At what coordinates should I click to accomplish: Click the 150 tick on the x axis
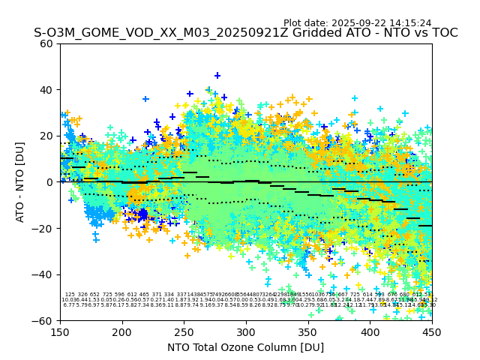coord(60,331)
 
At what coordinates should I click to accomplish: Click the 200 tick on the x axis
coord(122,331)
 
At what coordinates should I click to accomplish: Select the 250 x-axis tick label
coord(184,331)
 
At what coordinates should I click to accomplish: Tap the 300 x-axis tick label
coord(246,331)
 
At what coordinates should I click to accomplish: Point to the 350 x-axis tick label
coord(308,331)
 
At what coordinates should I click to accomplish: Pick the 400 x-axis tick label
coord(370,331)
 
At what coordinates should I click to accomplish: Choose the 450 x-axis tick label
coord(432,331)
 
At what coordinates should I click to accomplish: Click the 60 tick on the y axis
coord(47,43)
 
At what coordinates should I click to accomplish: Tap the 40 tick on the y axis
coord(47,90)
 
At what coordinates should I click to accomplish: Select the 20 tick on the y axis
coord(47,136)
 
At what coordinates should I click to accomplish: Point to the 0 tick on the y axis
coord(50,182)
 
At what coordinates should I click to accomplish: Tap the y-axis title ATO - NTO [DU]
coord(20,182)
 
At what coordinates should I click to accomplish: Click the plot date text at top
coord(357,23)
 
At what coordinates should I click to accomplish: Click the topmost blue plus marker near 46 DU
coord(217,76)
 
